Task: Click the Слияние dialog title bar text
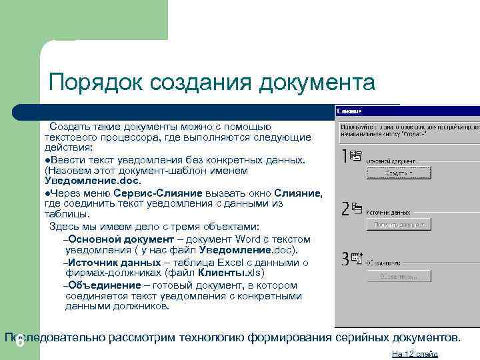[x=349, y=111]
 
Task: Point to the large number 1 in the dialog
[x=344, y=157]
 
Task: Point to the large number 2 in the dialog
[x=345, y=209]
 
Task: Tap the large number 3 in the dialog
[x=345, y=259]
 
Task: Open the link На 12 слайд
[x=415, y=353]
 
